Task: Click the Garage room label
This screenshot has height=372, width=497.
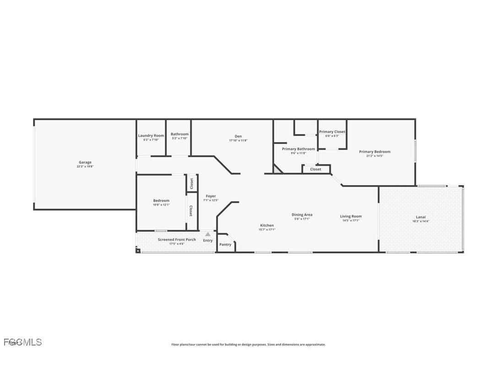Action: (85, 162)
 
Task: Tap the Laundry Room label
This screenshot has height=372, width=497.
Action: (151, 135)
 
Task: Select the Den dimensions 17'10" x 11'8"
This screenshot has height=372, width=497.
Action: (238, 140)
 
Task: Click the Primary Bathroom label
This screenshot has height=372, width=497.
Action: (298, 149)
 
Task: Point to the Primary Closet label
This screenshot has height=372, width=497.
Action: (332, 132)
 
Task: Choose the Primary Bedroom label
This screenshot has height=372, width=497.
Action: (374, 152)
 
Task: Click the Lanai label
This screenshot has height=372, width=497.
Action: (421, 217)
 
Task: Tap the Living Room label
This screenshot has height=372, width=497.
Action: (351, 216)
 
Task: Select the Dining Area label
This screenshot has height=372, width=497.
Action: (302, 214)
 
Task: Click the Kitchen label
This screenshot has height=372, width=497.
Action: (267, 225)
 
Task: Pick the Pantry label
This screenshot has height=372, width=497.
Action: (225, 244)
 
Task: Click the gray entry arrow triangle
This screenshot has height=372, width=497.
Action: (208, 234)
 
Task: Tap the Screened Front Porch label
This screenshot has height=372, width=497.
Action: (177, 239)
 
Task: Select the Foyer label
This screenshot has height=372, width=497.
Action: (211, 196)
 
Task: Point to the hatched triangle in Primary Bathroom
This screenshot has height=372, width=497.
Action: (277, 170)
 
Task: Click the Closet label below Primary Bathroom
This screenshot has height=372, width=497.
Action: (315, 169)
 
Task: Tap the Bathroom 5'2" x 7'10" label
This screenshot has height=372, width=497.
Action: (179, 134)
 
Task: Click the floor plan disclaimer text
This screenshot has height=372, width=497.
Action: (248, 345)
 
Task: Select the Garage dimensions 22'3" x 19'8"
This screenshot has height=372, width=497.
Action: (85, 167)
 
